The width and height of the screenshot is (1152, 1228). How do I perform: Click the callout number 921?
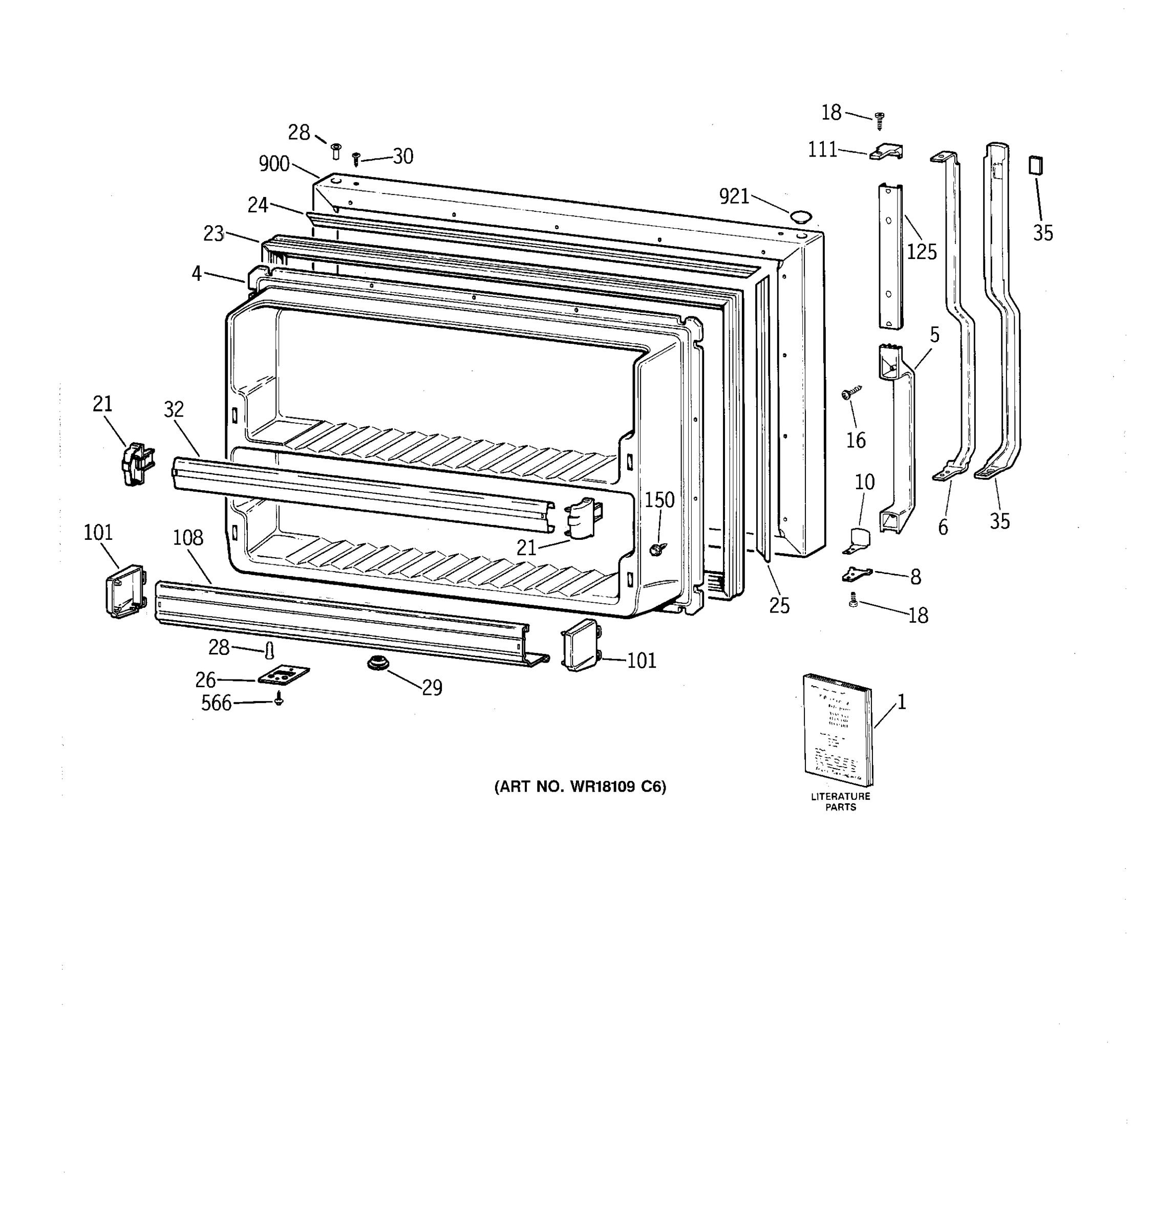point(734,196)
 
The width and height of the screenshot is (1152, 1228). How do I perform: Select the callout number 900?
point(274,164)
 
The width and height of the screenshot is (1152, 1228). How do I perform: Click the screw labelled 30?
point(356,159)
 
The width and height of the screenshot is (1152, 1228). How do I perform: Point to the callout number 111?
point(823,149)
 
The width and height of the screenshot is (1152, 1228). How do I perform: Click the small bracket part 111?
point(887,152)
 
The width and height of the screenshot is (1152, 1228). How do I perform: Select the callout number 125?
point(922,252)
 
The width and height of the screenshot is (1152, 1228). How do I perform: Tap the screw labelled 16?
point(851,392)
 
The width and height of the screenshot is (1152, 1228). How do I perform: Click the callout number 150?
point(659,500)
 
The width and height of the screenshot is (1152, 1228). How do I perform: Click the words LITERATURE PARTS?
point(841,802)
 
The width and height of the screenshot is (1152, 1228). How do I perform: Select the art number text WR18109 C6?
point(580,787)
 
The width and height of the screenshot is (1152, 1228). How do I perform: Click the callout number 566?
point(216,703)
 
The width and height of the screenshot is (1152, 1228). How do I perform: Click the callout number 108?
point(188,538)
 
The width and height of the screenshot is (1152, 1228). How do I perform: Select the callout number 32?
point(174,409)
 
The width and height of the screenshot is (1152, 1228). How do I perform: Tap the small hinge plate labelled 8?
point(857,574)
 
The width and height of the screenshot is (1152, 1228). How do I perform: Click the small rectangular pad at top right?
point(1036,166)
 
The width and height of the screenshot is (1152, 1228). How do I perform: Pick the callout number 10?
point(865,482)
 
